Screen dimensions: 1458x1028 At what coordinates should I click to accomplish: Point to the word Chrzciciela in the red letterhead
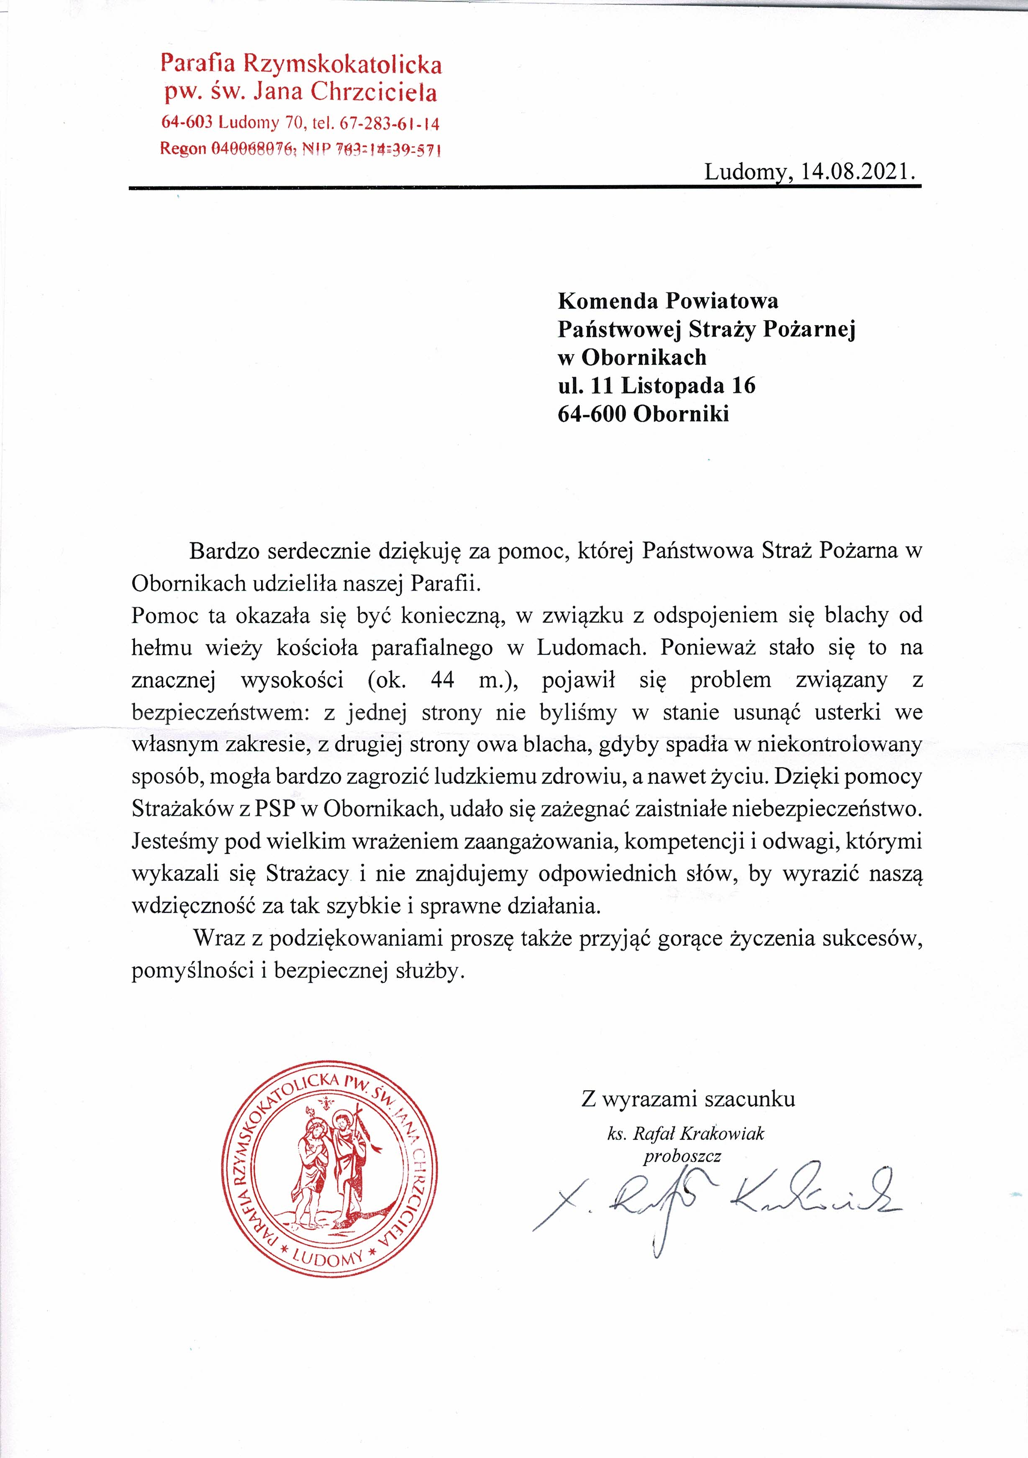click(374, 93)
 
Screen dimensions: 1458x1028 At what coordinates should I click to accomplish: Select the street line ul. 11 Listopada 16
click(656, 385)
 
